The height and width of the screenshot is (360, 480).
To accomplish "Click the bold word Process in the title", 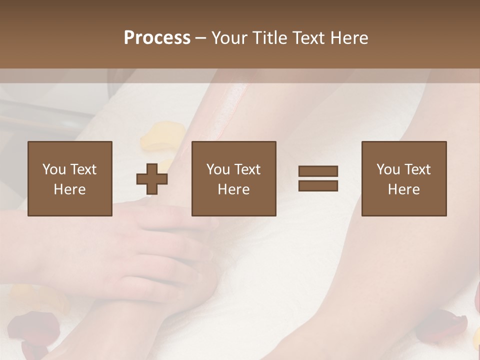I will click(157, 38).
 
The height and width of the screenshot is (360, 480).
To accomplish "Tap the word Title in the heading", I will click(270, 38).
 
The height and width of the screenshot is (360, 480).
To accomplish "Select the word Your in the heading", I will click(230, 38).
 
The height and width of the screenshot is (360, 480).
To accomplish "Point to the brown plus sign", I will click(152, 179).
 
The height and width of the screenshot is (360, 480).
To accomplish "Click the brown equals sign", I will click(318, 179).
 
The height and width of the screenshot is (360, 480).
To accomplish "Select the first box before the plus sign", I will click(69, 179).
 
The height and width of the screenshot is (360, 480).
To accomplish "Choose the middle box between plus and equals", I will click(233, 179).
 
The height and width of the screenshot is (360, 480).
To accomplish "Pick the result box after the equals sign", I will click(403, 179).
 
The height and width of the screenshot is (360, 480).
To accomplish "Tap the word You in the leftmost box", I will click(54, 169).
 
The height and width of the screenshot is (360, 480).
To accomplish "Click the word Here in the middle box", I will click(233, 189).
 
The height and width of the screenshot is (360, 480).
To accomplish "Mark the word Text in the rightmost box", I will click(417, 169).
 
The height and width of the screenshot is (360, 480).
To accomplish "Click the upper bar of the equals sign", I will click(318, 171).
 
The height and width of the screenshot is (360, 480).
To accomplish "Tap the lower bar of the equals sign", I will click(318, 186).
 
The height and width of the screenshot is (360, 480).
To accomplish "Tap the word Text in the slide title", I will click(306, 38).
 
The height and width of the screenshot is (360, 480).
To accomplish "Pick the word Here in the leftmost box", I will click(69, 189).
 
